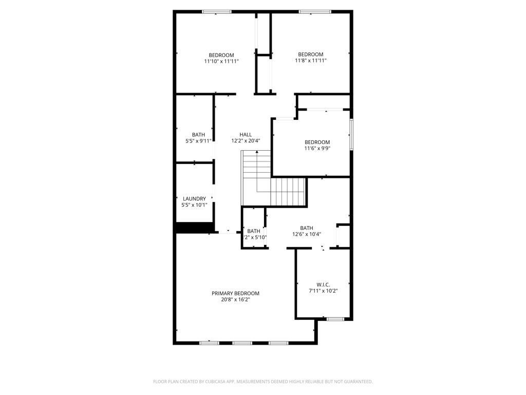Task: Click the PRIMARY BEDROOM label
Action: point(235,293)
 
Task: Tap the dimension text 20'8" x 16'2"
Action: point(235,299)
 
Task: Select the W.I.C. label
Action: point(323,284)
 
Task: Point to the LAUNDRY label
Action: point(194,199)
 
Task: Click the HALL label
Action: point(246,135)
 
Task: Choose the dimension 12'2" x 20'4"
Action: point(246,141)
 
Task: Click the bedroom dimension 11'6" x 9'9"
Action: point(317,149)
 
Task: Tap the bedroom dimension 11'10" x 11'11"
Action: point(221,61)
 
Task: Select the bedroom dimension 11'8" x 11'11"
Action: point(311,61)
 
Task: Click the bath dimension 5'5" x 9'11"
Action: point(195,141)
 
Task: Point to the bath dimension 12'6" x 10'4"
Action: point(307,234)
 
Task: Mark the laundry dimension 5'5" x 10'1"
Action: point(194,205)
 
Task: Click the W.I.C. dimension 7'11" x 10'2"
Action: point(323,291)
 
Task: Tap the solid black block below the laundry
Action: point(195,228)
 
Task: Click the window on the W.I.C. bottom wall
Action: point(335,319)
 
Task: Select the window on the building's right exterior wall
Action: point(352,135)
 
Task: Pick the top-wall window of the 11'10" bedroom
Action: point(216,11)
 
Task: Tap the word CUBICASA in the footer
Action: point(212,382)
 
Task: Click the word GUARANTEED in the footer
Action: point(355,382)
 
